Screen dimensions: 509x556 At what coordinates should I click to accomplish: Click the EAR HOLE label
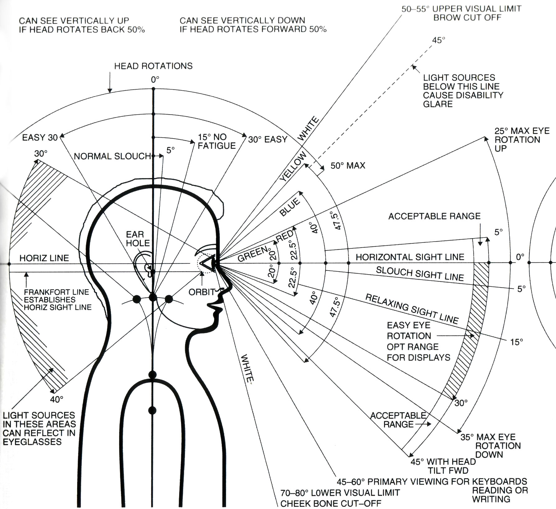(x=137, y=239)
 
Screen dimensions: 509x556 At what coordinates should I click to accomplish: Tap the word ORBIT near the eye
(x=202, y=292)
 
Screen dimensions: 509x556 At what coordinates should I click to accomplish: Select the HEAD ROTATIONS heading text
(x=153, y=66)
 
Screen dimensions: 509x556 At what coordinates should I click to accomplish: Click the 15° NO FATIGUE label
(x=216, y=141)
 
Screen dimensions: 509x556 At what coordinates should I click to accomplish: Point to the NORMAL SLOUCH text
(x=112, y=156)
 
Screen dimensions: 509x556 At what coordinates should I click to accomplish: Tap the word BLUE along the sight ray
(x=290, y=208)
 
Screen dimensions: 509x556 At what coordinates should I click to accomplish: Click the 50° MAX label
(x=347, y=166)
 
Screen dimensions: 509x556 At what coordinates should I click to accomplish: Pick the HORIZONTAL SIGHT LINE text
(x=410, y=257)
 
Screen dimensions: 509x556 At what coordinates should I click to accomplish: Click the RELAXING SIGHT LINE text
(x=411, y=309)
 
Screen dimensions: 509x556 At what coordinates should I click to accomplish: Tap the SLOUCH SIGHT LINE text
(x=420, y=274)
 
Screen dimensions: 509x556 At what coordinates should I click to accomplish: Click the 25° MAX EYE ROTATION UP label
(x=522, y=139)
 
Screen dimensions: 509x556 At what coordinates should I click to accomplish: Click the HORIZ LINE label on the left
(x=44, y=258)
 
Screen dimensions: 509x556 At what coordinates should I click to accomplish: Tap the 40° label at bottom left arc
(x=57, y=399)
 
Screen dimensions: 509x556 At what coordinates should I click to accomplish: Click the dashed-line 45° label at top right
(x=438, y=40)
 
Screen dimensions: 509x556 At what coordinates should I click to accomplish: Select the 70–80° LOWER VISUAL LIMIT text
(x=340, y=493)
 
